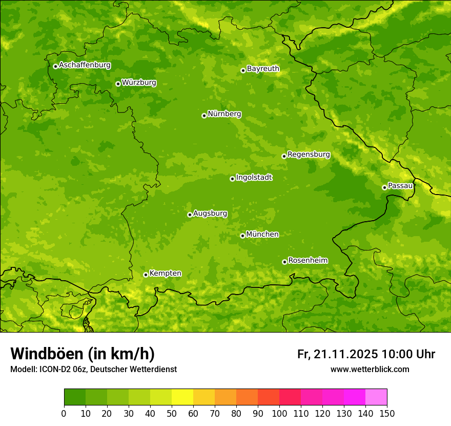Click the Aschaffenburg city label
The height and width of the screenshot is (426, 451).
tap(85, 65)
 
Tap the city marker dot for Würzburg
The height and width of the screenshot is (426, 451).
tap(118, 84)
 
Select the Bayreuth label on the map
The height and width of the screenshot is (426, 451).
tap(263, 69)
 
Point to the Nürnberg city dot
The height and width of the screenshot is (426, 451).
tap(204, 115)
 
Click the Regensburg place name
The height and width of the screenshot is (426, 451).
tap(309, 154)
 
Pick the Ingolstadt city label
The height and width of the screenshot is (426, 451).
tap(254, 178)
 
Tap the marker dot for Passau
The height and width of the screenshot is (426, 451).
tap(384, 187)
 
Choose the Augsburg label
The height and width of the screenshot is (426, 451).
tap(210, 214)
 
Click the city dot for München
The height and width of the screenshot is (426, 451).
tap(242, 236)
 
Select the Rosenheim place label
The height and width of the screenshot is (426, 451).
tap(307, 261)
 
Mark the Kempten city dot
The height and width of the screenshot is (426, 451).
tap(146, 275)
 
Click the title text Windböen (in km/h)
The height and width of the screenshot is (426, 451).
tap(83, 354)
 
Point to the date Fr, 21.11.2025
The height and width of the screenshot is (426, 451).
tap(337, 354)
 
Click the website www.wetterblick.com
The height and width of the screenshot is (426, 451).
tap(370, 370)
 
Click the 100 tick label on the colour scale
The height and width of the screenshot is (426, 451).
tap(279, 414)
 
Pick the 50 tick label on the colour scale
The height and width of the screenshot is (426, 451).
tap(172, 414)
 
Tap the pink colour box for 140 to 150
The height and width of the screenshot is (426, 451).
tap(376, 397)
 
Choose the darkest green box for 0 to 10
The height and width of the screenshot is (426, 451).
tap(75, 397)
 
